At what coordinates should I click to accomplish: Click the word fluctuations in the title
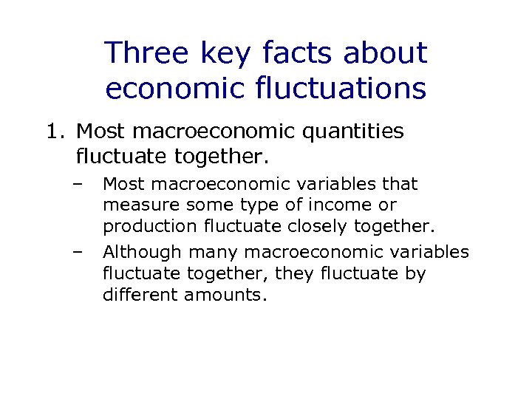(x=345, y=89)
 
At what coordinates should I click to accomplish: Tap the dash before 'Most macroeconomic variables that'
(x=77, y=183)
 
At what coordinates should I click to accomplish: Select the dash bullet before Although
(x=77, y=252)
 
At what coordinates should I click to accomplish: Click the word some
(x=209, y=205)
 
